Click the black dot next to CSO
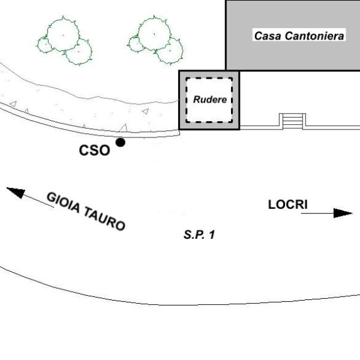click(x=121, y=142)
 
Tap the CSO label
click(x=94, y=151)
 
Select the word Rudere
click(x=210, y=100)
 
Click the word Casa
click(x=268, y=36)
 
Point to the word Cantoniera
click(x=314, y=36)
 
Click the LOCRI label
click(x=287, y=205)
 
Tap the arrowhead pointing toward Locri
click(x=343, y=213)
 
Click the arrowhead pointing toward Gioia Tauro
click(x=16, y=192)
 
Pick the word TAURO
click(x=104, y=218)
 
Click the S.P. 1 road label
click(x=199, y=235)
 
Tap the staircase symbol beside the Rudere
click(x=293, y=121)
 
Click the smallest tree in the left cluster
click(x=45, y=44)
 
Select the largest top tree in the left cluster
click(x=64, y=34)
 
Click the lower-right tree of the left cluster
click(x=79, y=52)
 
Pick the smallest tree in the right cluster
click(x=136, y=44)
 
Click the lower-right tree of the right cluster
click(x=170, y=50)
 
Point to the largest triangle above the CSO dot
click(x=124, y=128)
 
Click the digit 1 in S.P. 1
click(x=212, y=235)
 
